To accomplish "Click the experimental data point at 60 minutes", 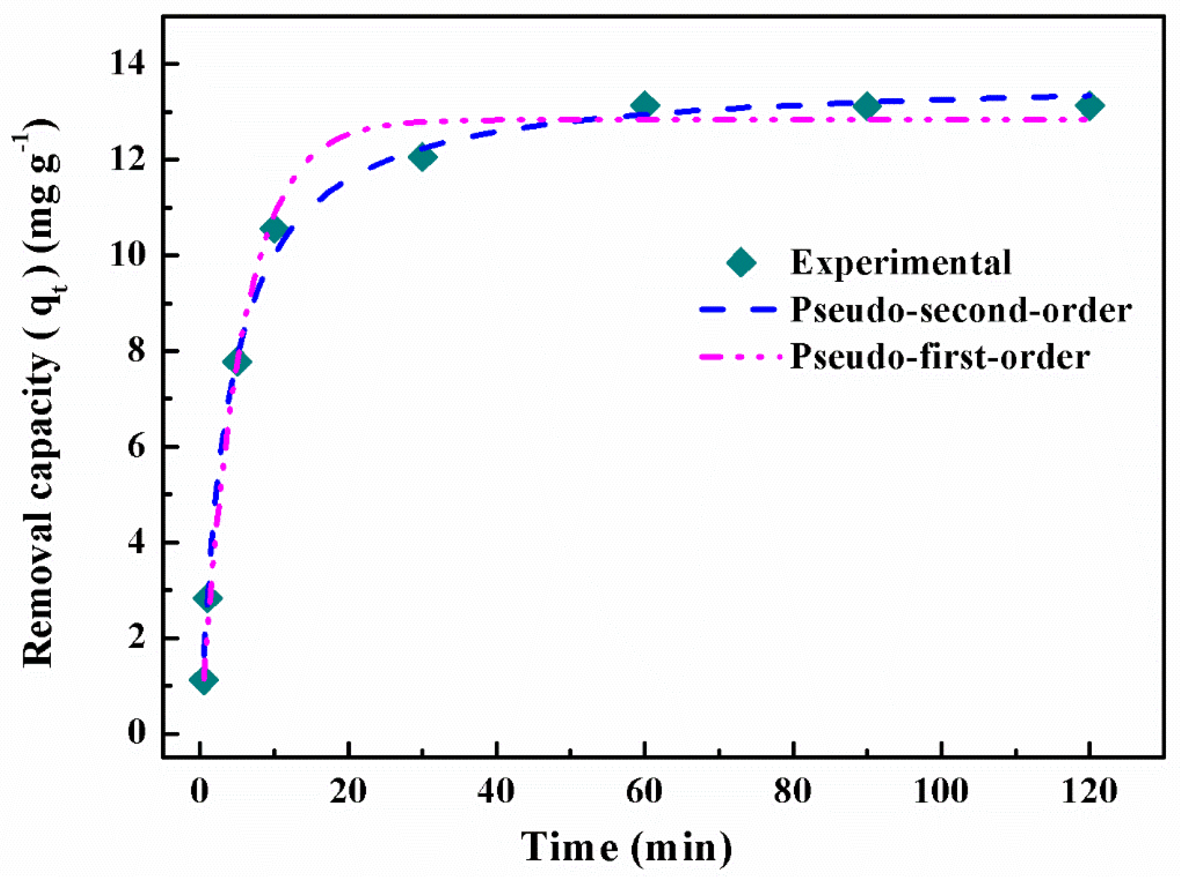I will click(644, 105).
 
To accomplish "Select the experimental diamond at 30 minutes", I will click(422, 156).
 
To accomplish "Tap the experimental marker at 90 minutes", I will click(866, 106).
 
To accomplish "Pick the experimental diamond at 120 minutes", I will click(1089, 106).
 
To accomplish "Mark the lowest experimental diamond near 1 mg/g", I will click(203, 679).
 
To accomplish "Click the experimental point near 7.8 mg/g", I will click(237, 362).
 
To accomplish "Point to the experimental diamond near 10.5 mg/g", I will click(274, 229).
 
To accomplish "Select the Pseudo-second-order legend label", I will click(961, 309).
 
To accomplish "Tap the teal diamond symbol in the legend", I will click(741, 262).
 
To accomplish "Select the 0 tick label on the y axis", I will click(137, 733).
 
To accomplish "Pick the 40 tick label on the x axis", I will click(496, 792).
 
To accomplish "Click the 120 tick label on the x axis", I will click(1089, 792).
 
